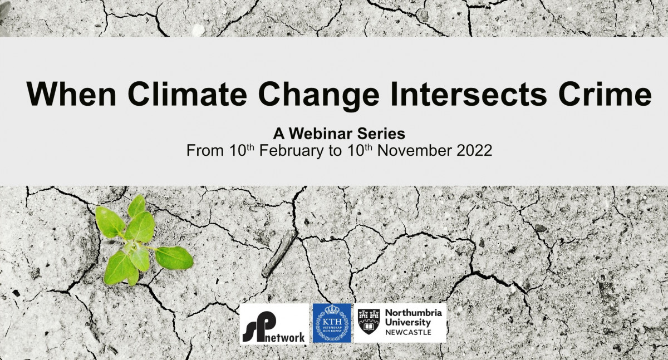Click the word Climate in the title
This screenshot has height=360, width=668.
pos(187,93)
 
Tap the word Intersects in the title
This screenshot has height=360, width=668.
pos(469,93)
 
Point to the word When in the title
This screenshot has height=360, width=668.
pos(71,93)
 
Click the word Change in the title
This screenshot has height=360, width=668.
pos(319,96)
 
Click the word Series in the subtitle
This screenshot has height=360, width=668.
pos(381,134)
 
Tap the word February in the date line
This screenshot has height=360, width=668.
pos(291,151)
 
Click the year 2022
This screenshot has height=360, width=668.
pos(474,150)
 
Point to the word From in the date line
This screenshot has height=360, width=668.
pos(205,150)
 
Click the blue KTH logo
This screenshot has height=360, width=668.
pos(332,323)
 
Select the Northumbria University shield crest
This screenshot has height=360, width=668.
pos(369,321)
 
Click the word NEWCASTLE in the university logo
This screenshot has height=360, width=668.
pos(408,332)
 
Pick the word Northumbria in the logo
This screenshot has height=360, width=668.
pos(413,313)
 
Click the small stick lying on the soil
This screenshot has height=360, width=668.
pos(279,253)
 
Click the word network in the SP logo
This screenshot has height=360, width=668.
pos(285,338)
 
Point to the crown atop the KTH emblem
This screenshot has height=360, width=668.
pos(332,309)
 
